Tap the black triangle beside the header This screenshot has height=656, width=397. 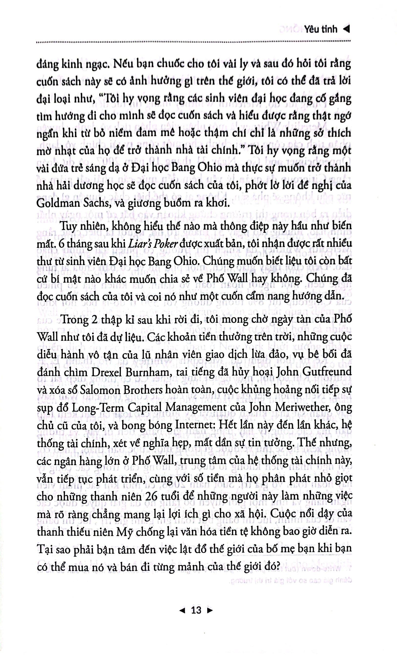pyautogui.click(x=346, y=29)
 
